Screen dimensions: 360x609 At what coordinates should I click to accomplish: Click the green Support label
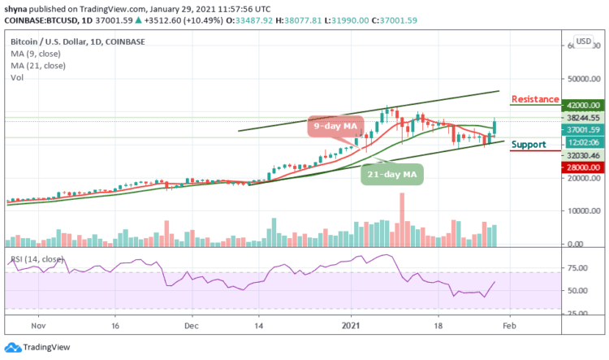pyautogui.click(x=529, y=144)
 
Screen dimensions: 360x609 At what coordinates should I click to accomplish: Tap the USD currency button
pyautogui.click(x=582, y=41)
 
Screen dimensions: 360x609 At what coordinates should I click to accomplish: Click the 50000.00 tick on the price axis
pyautogui.click(x=582, y=80)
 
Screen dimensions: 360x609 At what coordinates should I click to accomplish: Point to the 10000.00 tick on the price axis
pyautogui.click(x=582, y=210)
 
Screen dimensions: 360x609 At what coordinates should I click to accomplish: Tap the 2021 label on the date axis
pyautogui.click(x=352, y=323)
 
